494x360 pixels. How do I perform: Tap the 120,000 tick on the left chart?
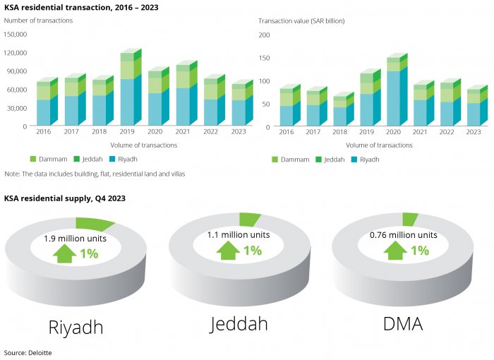tap(16, 53)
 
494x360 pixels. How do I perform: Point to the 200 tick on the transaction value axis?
tap(265, 35)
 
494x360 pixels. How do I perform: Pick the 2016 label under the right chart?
tap(286, 131)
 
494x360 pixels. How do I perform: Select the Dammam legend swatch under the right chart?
tap(275, 160)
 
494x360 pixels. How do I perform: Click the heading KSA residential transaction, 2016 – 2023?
tap(81, 7)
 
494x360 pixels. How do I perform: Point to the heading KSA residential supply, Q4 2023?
tap(65, 199)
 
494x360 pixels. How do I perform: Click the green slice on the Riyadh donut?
tap(95, 224)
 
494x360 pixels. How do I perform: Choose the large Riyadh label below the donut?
tap(76, 327)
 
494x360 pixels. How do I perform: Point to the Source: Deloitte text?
tap(28, 352)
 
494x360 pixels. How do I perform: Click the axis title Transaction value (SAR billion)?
tap(301, 21)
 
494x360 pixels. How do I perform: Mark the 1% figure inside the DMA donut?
tap(420, 250)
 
